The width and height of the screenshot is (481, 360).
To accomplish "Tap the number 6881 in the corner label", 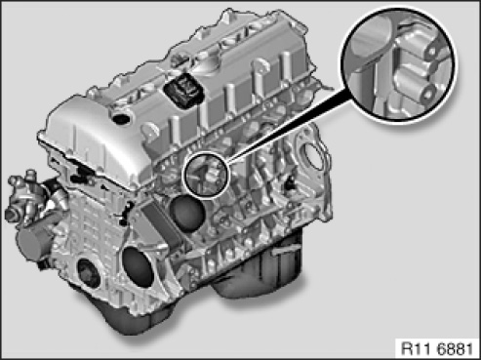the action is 455,349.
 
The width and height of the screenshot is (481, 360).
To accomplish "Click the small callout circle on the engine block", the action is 207,174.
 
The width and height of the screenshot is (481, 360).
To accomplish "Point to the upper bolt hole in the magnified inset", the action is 432,52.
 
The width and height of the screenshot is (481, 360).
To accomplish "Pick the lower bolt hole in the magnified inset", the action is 426,94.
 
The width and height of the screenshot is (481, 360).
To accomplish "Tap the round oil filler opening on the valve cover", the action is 121,117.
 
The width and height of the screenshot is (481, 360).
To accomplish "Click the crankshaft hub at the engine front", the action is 88,274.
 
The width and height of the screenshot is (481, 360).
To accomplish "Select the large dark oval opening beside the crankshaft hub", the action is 139,266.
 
